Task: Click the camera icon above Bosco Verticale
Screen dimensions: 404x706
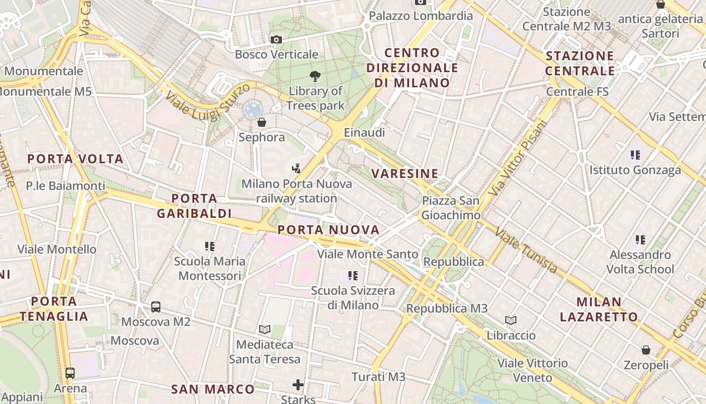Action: (276, 39)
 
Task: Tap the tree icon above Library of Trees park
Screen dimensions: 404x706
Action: (315, 77)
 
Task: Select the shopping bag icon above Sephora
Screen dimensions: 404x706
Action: (262, 122)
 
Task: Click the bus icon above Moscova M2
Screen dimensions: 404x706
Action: (156, 307)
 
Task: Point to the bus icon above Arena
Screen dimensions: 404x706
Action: (70, 373)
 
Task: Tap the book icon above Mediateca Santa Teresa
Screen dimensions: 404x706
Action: (265, 330)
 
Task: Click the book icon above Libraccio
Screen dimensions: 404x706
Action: (511, 320)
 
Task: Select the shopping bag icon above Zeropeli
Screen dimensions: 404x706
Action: (646, 350)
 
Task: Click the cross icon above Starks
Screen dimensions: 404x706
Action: (298, 385)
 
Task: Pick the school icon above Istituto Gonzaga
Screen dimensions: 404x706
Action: (635, 155)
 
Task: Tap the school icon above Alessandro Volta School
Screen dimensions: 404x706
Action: (640, 239)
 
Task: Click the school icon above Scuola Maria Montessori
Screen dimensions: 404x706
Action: (210, 246)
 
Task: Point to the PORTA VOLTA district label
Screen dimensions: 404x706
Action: (76, 159)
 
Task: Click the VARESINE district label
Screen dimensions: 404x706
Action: (405, 174)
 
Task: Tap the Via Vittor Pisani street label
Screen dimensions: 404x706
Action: (518, 158)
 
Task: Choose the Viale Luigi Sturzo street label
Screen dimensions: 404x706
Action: (207, 103)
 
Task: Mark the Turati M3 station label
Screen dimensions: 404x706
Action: (378, 377)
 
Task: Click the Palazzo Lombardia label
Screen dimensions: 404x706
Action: (421, 16)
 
